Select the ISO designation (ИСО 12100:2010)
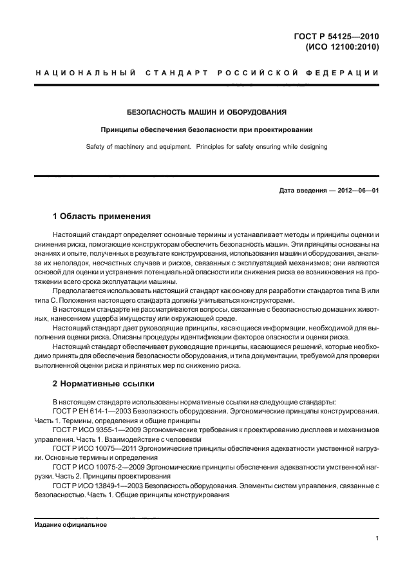click(339, 47)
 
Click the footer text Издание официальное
click(70, 524)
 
